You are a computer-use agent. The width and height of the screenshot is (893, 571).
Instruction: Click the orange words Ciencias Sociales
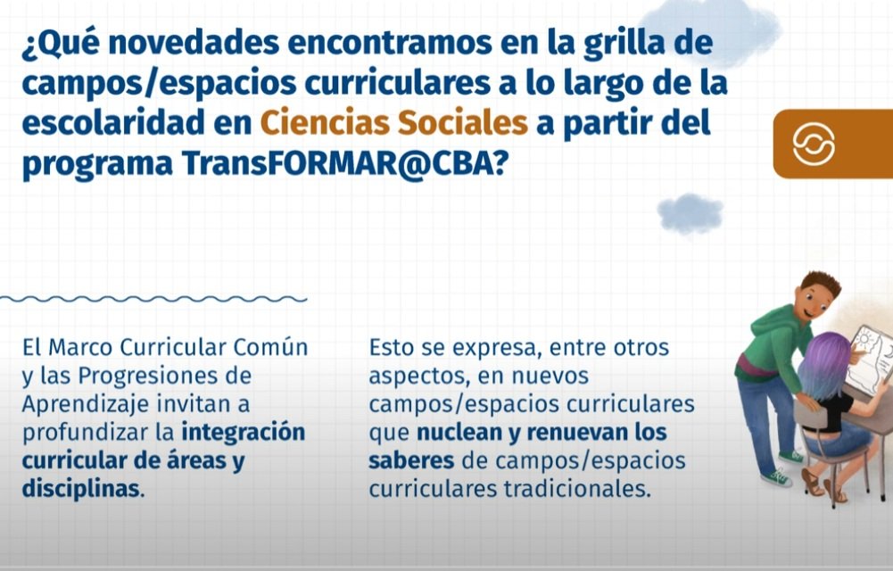pos(394,123)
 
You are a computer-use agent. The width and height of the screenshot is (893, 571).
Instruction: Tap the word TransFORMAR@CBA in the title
pos(337,163)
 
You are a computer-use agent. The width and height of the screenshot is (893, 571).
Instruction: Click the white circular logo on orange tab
pos(814,144)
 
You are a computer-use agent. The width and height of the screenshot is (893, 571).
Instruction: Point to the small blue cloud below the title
pos(690,213)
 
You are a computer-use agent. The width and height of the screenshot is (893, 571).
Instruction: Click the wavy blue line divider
pos(153,299)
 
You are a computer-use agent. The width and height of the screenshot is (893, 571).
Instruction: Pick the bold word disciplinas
pos(80,488)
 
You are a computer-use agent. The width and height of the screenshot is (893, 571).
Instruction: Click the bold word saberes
pos(411,460)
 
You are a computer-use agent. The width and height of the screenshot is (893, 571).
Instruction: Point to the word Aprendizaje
pos(86,405)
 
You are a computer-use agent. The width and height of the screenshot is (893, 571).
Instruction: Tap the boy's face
pos(814,302)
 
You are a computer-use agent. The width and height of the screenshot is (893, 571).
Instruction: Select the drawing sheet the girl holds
pos(870,359)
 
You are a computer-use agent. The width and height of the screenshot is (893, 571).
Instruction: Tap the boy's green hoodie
pos(775,342)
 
